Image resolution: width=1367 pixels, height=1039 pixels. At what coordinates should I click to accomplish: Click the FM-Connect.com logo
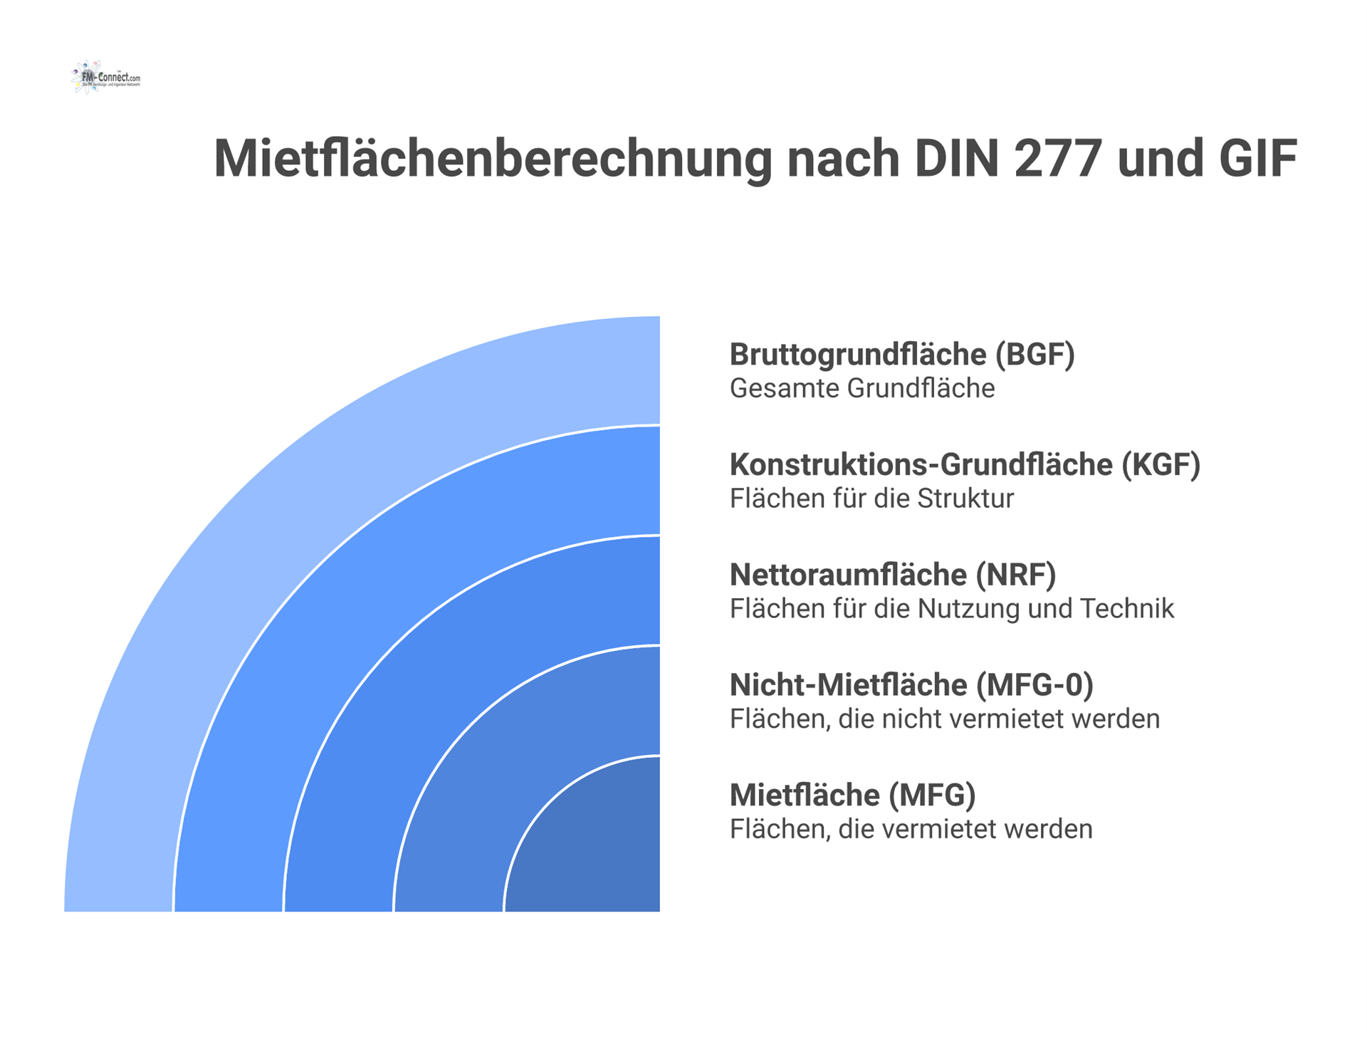point(106,77)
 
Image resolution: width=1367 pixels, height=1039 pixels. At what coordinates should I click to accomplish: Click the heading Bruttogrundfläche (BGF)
point(902,355)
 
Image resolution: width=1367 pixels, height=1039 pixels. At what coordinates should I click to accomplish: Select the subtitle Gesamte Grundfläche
point(862,389)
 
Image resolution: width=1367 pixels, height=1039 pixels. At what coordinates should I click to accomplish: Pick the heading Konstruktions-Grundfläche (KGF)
point(965,465)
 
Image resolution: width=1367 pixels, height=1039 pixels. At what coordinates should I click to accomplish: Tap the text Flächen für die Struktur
point(871,498)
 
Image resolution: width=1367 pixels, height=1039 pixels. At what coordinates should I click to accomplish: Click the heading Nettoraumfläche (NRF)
point(893,575)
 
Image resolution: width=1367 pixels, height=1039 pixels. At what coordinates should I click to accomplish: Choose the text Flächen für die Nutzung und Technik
point(952,609)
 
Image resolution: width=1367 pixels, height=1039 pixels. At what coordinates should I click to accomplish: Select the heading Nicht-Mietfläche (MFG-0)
point(911,685)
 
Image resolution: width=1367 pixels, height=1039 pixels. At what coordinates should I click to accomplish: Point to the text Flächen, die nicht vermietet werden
point(945,719)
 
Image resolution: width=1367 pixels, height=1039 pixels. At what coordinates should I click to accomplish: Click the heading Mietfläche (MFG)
point(852,795)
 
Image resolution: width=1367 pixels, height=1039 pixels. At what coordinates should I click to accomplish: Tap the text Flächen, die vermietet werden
point(911,830)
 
